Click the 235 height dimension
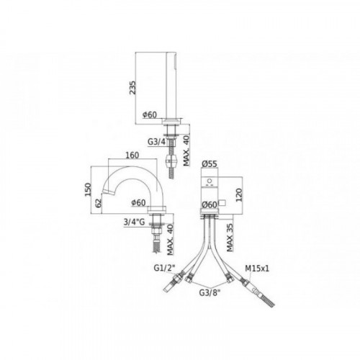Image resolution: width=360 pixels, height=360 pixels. point(133,88)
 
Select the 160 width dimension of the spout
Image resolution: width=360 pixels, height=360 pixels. point(132,155)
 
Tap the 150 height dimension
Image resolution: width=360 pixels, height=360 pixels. point(88,189)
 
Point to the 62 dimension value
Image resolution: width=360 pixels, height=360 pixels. point(99,203)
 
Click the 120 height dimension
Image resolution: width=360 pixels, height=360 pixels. point(239,194)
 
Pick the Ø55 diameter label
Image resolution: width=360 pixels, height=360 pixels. point(210,163)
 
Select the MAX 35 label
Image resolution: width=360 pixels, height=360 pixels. point(230,238)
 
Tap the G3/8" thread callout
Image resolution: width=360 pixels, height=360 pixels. point(210,292)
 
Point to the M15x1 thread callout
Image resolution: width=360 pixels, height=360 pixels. point(257,269)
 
